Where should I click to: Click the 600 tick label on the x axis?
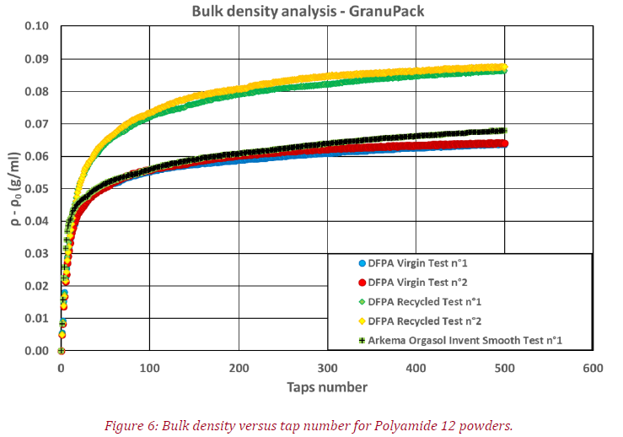click(593, 369)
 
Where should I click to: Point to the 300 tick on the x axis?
click(327, 369)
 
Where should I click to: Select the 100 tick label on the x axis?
click(149, 369)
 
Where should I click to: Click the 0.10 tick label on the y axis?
click(37, 26)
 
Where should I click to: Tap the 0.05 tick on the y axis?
click(37, 188)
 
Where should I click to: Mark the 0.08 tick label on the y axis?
click(37, 91)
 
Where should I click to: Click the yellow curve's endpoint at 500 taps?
click(504, 67)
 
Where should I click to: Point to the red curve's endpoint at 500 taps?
click(504, 143)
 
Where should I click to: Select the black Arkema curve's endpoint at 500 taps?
click(504, 131)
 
